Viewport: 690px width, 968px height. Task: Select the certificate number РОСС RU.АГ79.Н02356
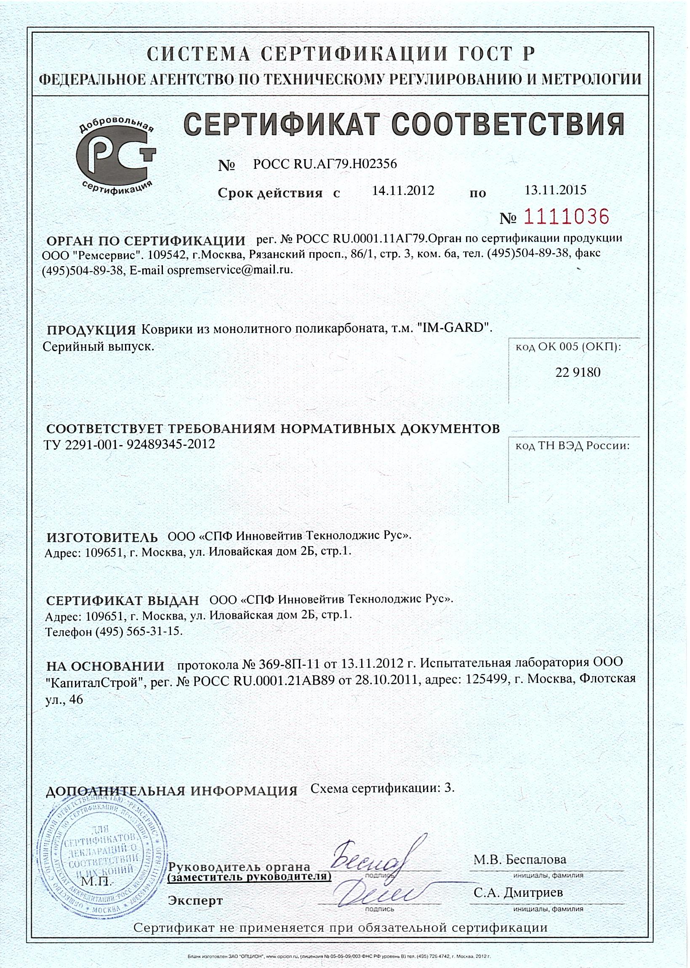coord(325,164)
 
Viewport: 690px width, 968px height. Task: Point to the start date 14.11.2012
coord(403,190)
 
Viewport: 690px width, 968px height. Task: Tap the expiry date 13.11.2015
coord(555,189)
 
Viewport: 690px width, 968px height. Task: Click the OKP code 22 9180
coord(578,373)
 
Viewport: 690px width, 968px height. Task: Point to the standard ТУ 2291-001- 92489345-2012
coord(129,445)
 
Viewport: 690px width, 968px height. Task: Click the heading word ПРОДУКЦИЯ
coord(91,330)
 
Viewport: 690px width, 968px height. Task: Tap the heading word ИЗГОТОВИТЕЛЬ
coord(101,538)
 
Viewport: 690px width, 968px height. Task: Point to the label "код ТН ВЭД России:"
coord(572,446)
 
